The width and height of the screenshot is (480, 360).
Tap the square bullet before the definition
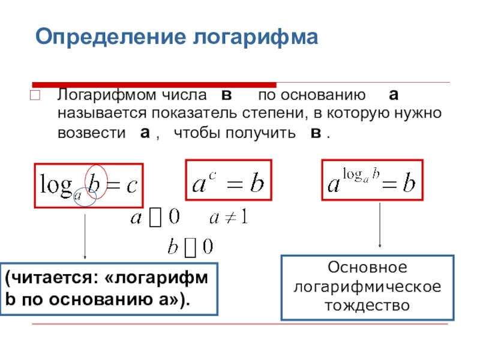(x=34, y=95)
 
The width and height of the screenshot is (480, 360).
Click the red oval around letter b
(x=97, y=181)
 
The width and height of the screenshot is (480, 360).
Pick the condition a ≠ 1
(x=229, y=217)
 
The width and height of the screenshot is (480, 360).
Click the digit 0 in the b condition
(x=207, y=246)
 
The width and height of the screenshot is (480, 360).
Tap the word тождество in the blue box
(x=367, y=305)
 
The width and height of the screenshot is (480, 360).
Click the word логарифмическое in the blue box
(x=367, y=286)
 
